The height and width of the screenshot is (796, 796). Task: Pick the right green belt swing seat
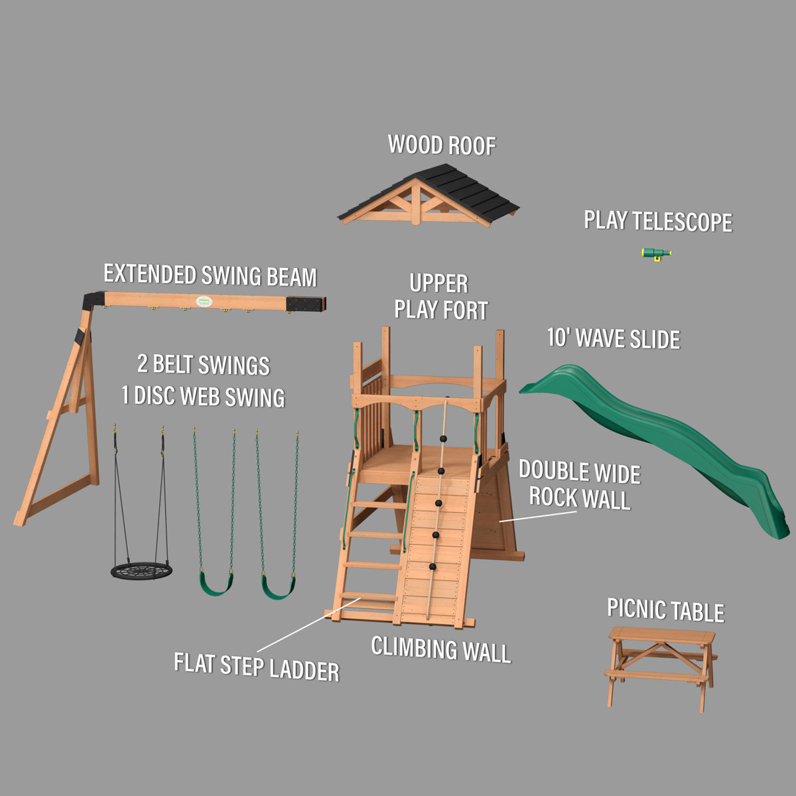pos(278,586)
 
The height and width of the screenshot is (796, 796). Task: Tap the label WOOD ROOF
pos(442,145)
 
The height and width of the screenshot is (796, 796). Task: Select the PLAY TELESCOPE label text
pos(657,222)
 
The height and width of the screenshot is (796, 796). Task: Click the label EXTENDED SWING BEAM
pos(210,275)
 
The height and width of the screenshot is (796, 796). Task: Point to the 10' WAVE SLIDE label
pos(613,338)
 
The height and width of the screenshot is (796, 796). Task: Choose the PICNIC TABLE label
pos(665,610)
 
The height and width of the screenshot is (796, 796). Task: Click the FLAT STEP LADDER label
pos(256,667)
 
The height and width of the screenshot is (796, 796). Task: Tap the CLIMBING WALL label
pos(441,649)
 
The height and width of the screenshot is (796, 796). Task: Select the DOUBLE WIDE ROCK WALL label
pos(579,485)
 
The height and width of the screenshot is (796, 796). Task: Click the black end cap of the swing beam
pos(306,303)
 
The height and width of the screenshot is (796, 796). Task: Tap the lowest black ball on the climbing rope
pos(432,567)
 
